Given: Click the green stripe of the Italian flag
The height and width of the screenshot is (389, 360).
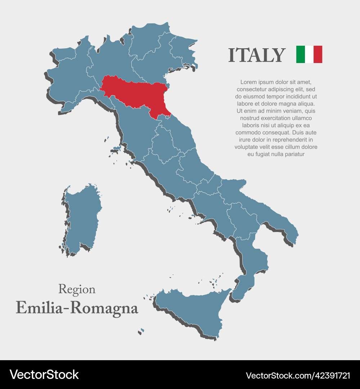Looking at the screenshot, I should click(301, 54).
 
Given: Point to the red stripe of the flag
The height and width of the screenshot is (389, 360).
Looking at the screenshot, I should click(318, 54).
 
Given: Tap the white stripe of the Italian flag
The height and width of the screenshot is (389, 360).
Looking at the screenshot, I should click(309, 54).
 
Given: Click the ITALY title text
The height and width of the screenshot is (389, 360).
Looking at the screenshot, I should click(257, 55).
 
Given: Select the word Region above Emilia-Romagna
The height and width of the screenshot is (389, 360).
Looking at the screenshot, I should click(77, 289).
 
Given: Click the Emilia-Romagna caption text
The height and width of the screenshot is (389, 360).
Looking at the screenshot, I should click(77, 308).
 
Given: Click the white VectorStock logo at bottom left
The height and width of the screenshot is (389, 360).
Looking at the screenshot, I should click(44, 375).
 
